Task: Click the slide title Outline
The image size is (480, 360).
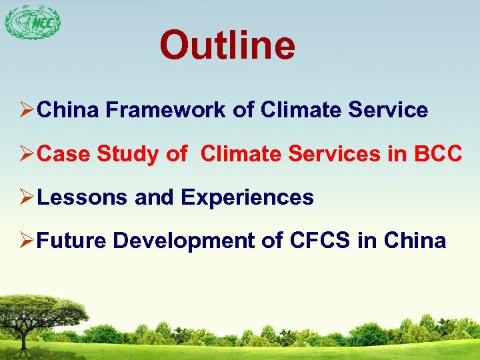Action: click(227, 45)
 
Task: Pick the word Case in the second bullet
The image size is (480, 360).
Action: click(65, 154)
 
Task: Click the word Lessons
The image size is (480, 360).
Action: click(83, 197)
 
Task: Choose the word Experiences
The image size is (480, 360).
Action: click(247, 198)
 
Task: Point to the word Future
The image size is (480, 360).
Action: click(71, 241)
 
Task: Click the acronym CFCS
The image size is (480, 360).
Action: click(320, 241)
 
